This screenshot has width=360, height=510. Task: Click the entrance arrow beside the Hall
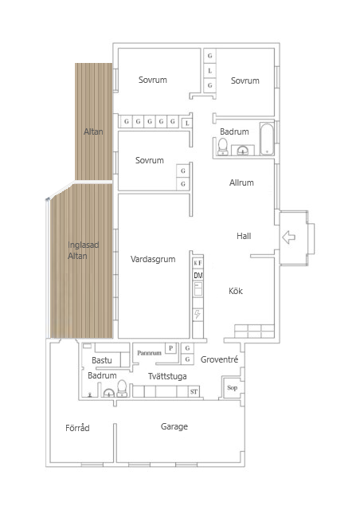click(289, 237)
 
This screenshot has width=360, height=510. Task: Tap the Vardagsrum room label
click(152, 259)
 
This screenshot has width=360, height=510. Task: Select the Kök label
click(236, 291)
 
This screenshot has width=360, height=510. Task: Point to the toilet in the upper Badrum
click(224, 145)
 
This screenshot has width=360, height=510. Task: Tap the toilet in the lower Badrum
click(122, 388)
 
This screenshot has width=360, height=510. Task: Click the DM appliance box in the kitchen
click(198, 276)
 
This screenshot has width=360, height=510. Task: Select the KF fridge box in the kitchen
click(198, 262)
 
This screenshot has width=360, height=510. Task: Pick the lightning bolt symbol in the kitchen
click(198, 314)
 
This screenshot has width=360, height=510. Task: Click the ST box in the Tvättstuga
click(193, 392)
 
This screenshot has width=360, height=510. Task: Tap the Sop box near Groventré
click(233, 388)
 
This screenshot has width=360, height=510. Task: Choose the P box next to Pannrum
click(170, 348)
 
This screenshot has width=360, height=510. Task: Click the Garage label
click(174, 427)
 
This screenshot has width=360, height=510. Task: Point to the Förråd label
click(77, 428)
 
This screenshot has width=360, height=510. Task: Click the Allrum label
click(241, 182)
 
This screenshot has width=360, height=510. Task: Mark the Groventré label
click(220, 360)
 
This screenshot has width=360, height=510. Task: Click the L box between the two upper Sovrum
click(210, 70)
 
